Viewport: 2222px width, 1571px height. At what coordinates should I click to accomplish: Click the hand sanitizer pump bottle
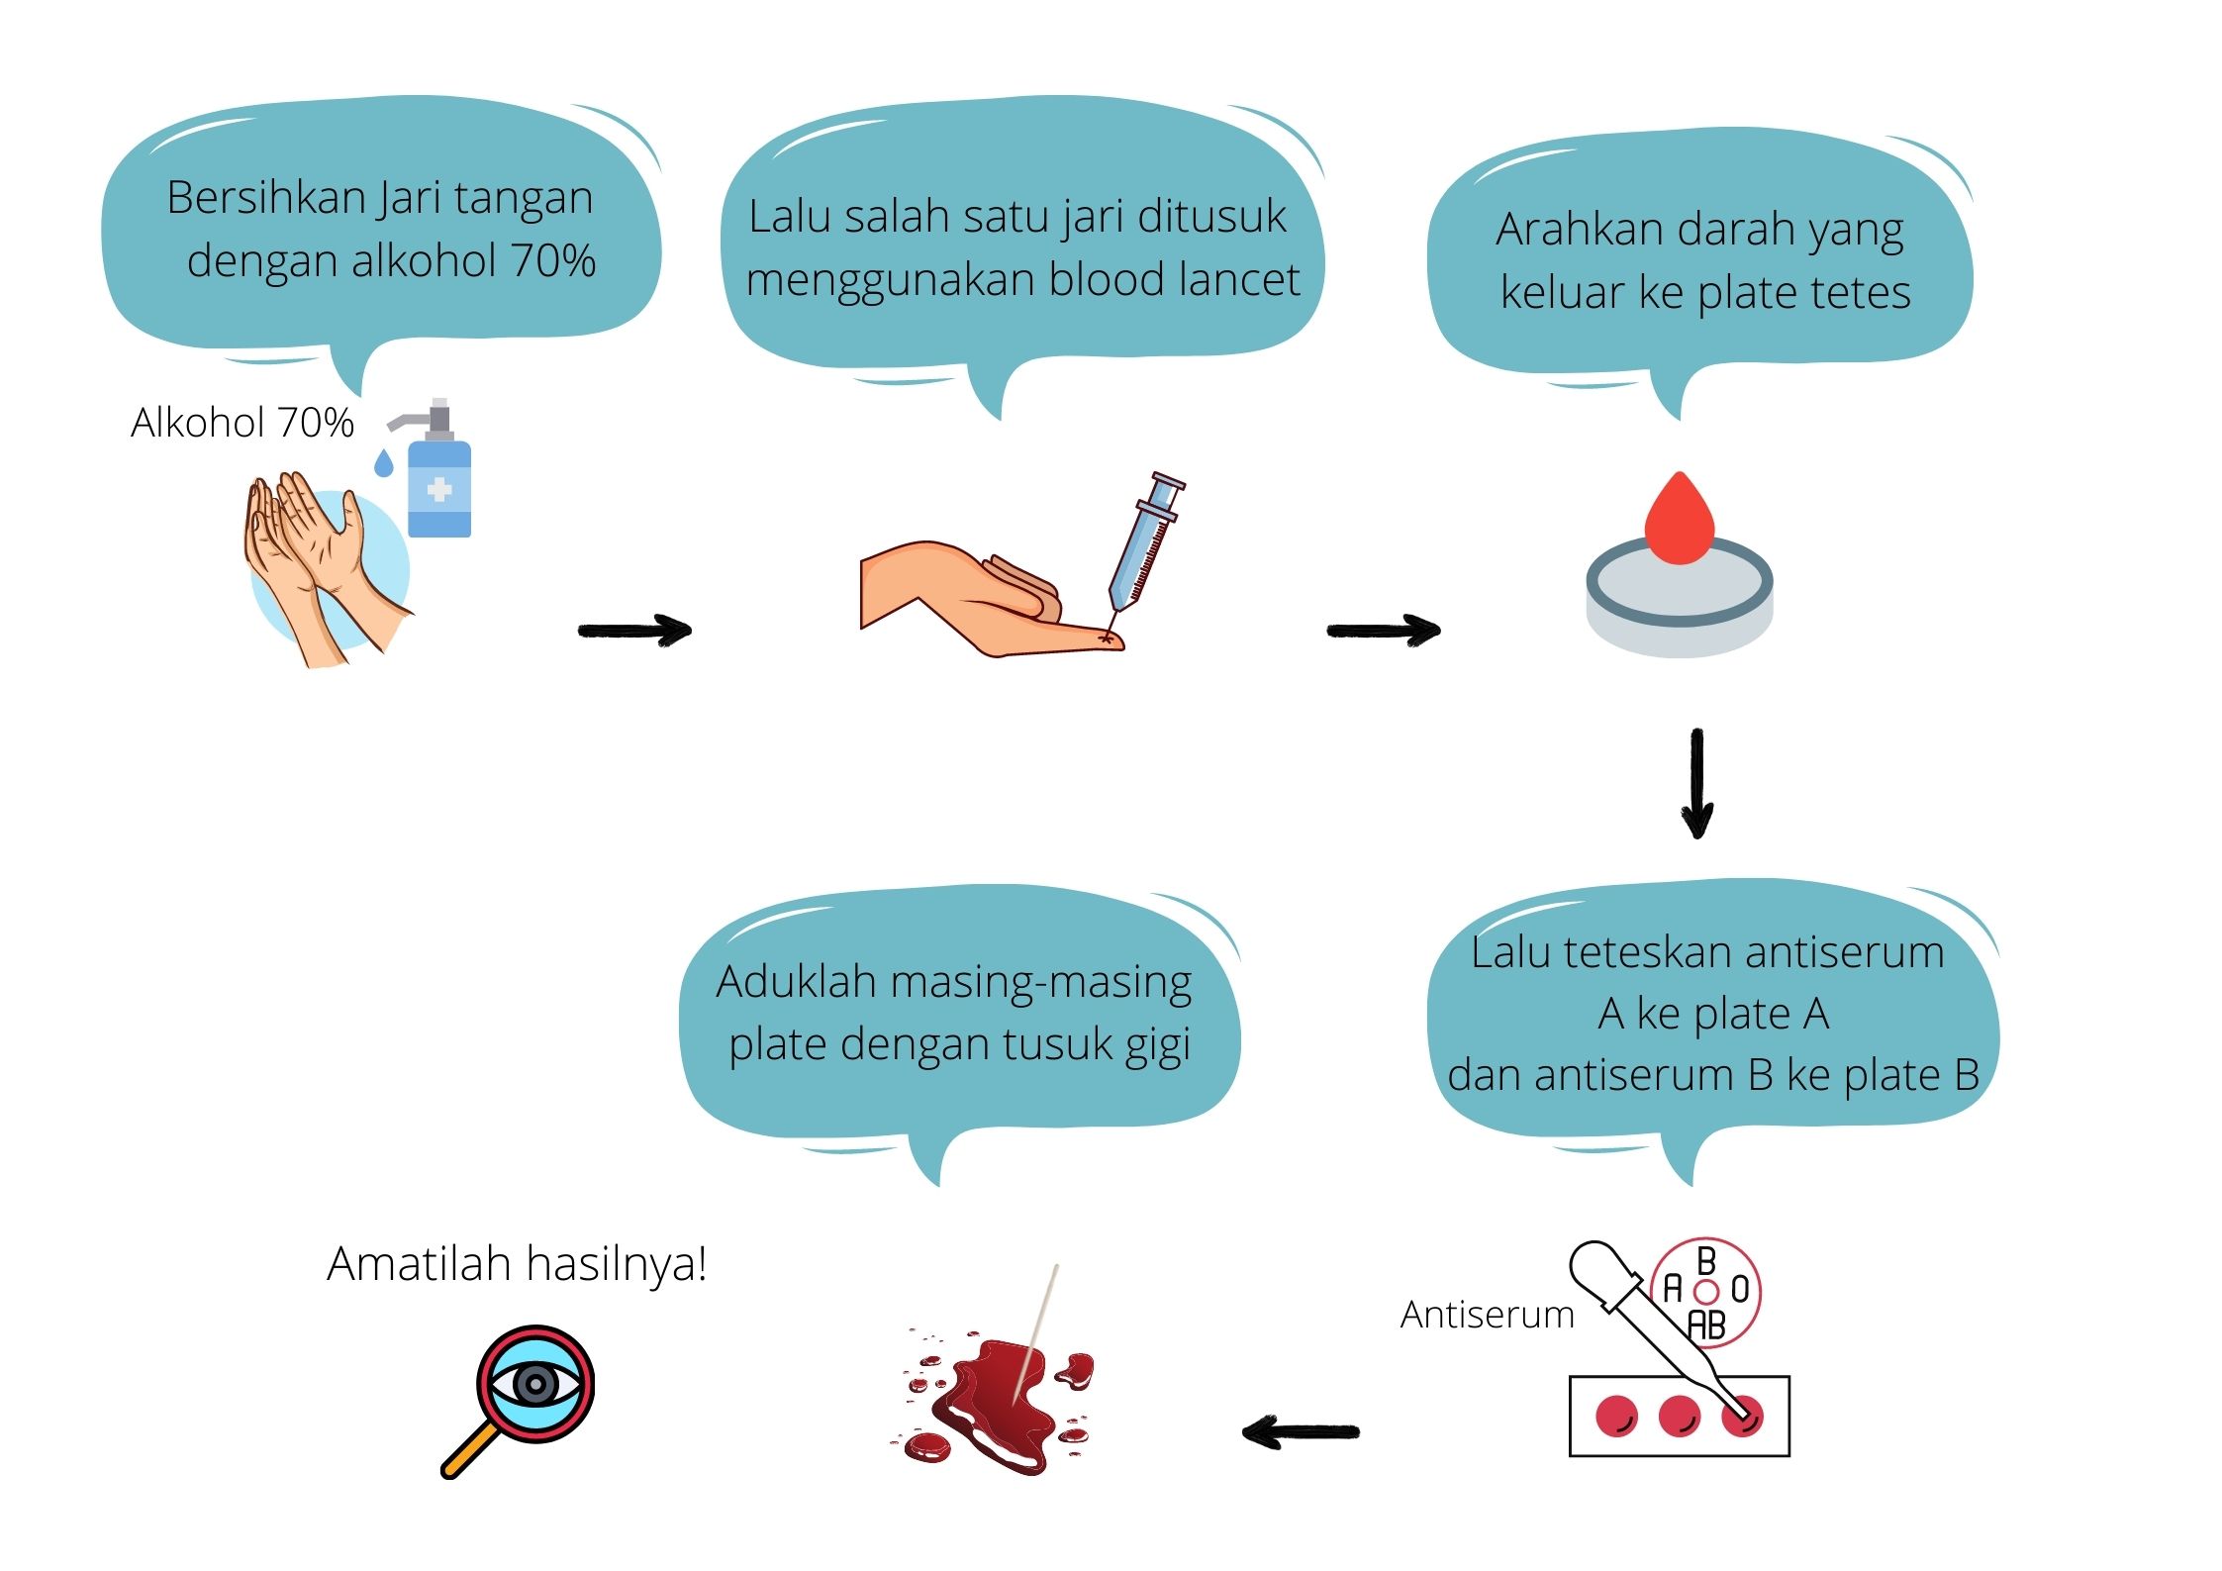438,485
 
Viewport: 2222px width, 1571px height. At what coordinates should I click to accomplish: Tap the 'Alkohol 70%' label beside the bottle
242,423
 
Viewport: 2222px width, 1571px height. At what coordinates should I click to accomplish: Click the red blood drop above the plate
1679,520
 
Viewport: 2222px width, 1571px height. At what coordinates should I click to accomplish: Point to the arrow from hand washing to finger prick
633,630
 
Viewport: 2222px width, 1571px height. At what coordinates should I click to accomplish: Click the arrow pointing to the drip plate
1383,630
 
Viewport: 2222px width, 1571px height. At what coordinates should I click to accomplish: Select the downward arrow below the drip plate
1697,782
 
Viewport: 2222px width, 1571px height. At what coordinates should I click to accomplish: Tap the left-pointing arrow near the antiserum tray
1301,1431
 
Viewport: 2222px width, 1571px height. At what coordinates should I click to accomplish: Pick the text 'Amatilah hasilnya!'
517,1264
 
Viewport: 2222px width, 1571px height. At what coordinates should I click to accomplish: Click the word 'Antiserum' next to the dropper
1487,1315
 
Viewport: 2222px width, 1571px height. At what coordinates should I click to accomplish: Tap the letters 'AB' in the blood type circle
1706,1325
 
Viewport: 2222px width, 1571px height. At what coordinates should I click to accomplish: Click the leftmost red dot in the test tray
1616,1416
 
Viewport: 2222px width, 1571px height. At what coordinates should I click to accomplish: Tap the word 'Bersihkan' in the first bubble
265,198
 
